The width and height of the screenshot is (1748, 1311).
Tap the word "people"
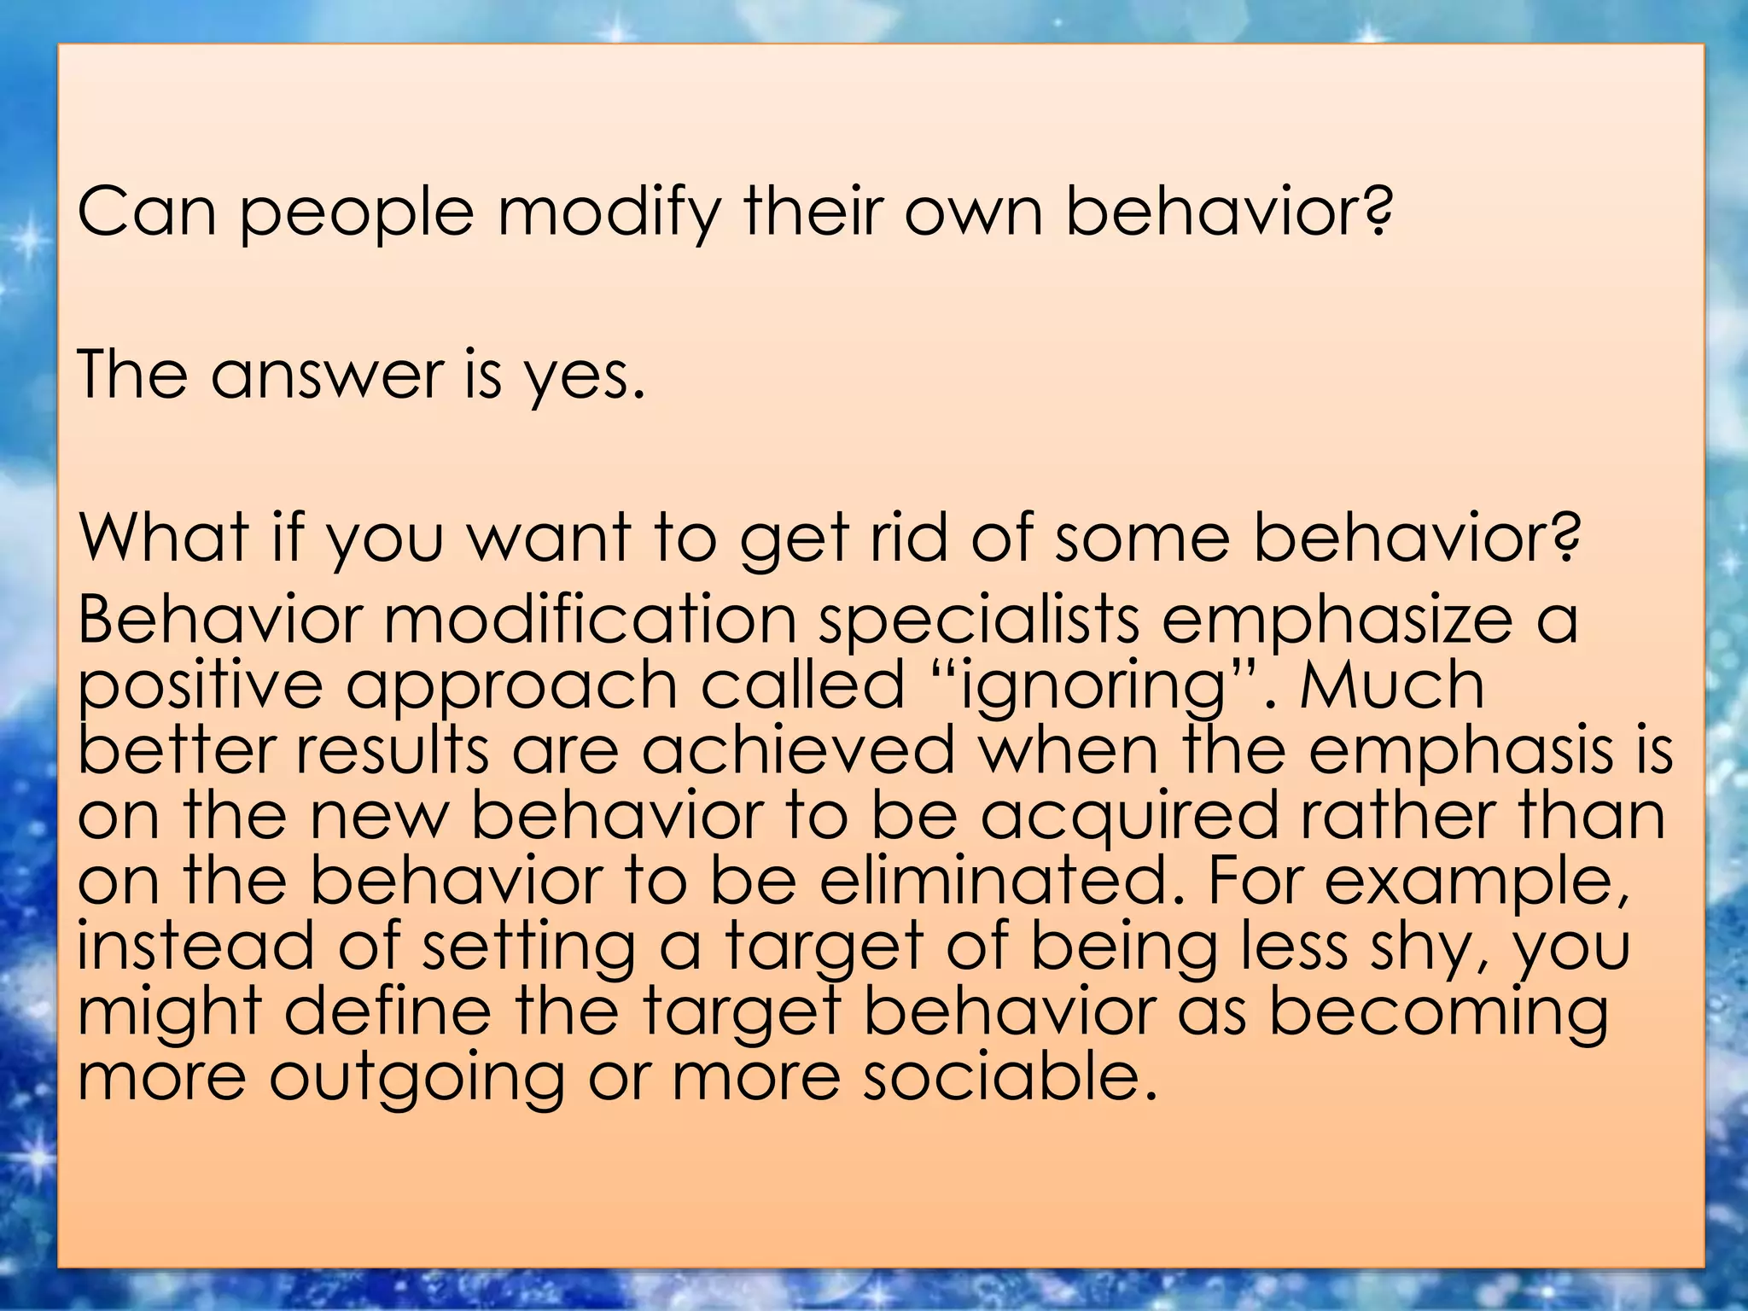pyautogui.click(x=356, y=212)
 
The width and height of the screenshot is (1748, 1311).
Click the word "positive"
pyautogui.click(x=201, y=685)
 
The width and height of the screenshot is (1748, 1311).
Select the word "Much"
pyautogui.click(x=1392, y=685)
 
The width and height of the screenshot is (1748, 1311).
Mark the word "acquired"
pyautogui.click(x=1128, y=816)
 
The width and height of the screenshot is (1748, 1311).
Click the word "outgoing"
pyautogui.click(x=417, y=1077)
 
